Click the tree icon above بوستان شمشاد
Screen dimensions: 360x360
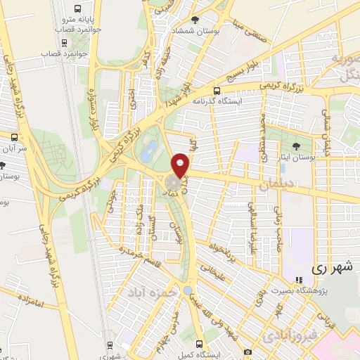tap(195, 20)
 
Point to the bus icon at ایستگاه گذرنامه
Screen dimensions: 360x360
tap(217, 91)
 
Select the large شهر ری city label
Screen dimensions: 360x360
tap(330, 268)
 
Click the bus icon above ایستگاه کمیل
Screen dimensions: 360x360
tap(200, 345)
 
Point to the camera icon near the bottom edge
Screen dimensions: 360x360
tap(247, 352)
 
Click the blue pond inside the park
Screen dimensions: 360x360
tap(149, 149)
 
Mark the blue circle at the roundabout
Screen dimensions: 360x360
tap(188, 290)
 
